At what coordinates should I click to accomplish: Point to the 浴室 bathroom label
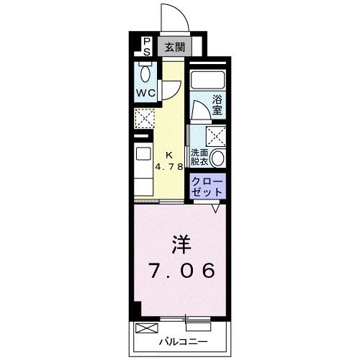pyautogui.click(x=217, y=105)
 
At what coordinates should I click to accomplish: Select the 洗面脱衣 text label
pyautogui.click(x=199, y=158)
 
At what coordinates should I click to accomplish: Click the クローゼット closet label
pyautogui.click(x=207, y=187)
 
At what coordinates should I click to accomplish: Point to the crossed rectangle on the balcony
pyautogui.click(x=145, y=328)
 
